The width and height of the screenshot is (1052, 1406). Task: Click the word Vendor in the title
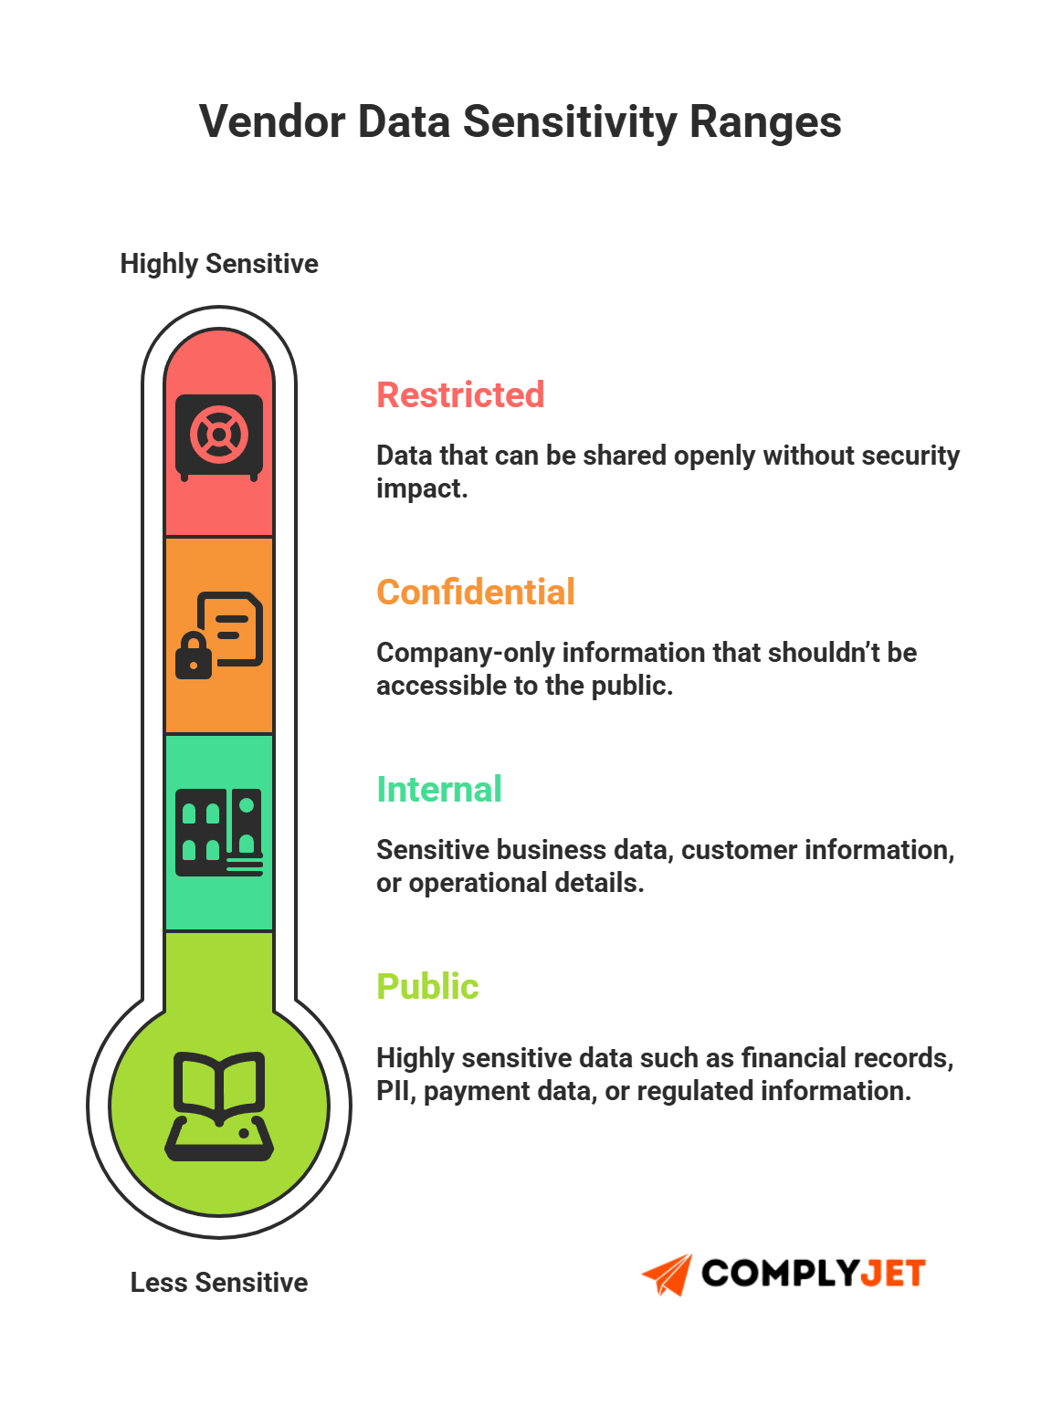coord(272,121)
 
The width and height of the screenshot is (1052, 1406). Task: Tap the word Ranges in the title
coord(765,121)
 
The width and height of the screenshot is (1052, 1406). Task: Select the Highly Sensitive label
coord(219,264)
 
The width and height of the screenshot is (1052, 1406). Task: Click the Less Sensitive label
coord(219,1283)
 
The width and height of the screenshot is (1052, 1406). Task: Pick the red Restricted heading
coord(460,395)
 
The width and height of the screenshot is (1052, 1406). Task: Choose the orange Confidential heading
coord(476,593)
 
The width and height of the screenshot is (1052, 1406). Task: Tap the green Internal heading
coord(439,790)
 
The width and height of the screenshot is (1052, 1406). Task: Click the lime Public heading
coord(427,987)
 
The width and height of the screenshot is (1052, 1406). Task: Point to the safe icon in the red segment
coord(219,437)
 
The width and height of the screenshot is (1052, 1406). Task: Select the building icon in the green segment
coord(219,832)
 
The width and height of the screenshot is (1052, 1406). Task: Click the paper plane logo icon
coord(668,1274)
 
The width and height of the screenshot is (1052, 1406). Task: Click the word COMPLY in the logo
coord(780,1274)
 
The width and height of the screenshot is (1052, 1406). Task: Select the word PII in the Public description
coord(394,1091)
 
